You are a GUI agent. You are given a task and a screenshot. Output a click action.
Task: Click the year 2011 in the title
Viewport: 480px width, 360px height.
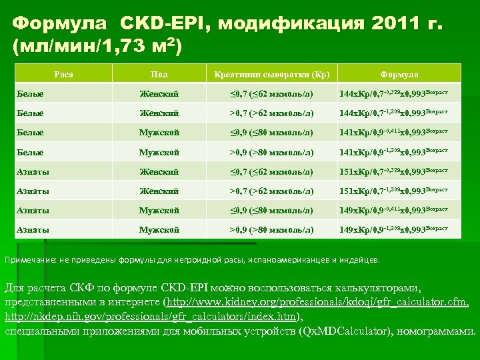pos(398,24)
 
